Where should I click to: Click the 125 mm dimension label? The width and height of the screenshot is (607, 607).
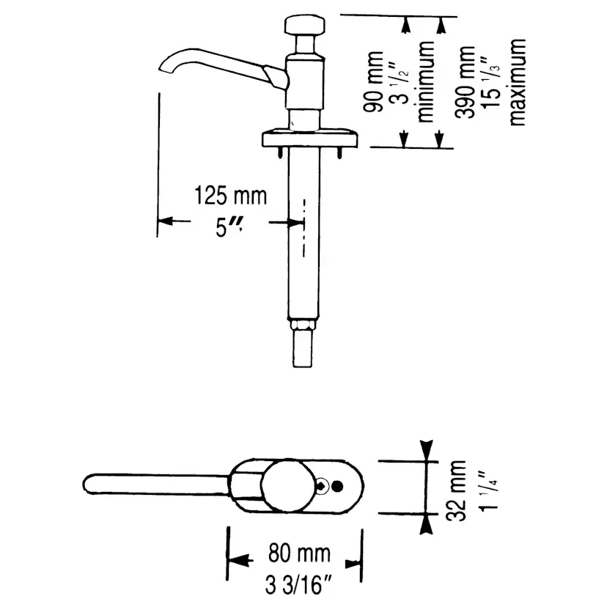[230, 196]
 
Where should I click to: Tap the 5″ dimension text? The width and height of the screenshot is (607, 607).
[229, 228]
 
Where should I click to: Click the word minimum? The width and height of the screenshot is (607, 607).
[425, 81]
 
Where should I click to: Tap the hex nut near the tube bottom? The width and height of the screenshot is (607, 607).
[303, 325]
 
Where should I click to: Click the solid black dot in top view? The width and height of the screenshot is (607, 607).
[338, 485]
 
